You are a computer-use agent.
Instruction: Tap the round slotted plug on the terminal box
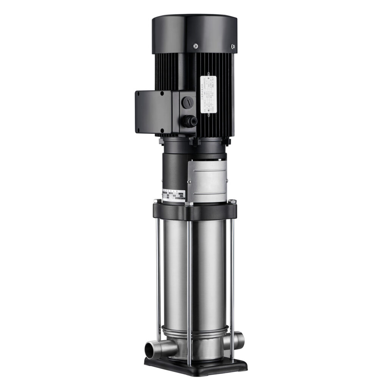188,102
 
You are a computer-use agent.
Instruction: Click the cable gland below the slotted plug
188,121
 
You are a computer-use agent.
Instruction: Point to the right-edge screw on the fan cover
233,47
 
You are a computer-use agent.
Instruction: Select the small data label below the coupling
174,195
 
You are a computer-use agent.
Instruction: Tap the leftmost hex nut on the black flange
156,201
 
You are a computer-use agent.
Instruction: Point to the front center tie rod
189,288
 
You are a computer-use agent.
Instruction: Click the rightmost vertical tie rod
232,280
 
